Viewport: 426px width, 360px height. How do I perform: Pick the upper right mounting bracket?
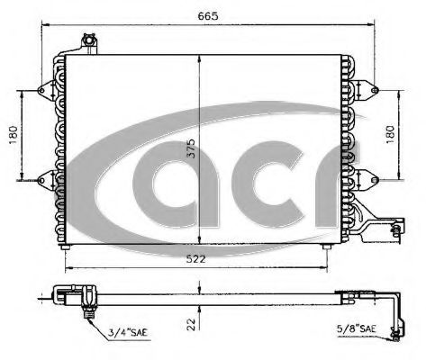pyautogui.click(x=365, y=89)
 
